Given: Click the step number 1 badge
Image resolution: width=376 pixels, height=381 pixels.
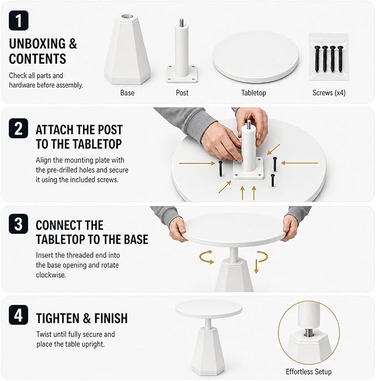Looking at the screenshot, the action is pos(18,20).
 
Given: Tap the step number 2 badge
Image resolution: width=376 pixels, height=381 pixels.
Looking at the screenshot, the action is pos(18,128).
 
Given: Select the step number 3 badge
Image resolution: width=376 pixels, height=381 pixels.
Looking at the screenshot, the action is pos(18,224).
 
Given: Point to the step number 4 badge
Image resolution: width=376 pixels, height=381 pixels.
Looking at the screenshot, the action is pos(18,315).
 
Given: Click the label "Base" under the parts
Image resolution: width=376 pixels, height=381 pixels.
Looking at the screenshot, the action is pos(127,92).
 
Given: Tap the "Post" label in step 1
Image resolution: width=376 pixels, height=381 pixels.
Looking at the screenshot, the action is pos(182,92).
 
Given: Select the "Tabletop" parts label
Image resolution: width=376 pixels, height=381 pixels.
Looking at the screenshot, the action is pos(254,93).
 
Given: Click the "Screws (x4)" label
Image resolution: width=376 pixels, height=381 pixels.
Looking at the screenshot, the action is pos(329,93).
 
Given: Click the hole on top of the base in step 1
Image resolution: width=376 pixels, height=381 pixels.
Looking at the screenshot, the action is pos(127,17).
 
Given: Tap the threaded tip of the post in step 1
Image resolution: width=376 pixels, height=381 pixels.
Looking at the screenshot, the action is pos(182,23).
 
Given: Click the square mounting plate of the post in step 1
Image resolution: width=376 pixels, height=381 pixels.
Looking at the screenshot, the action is pos(182,74).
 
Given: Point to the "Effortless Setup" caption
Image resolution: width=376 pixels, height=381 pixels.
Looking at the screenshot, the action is pos(308,372).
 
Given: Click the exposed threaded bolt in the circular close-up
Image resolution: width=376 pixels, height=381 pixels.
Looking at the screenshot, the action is pos(308,332).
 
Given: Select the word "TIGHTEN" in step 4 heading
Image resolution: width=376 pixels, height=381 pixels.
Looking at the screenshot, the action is pos(58,318).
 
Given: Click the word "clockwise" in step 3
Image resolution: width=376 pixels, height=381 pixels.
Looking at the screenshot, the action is pos(51,275).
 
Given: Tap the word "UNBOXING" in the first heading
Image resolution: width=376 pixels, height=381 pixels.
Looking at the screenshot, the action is pos(37,44).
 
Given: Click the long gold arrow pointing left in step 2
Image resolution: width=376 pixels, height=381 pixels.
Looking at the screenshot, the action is pos(300,163).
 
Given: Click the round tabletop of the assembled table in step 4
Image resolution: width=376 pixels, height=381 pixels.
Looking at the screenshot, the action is pos(209,310).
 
